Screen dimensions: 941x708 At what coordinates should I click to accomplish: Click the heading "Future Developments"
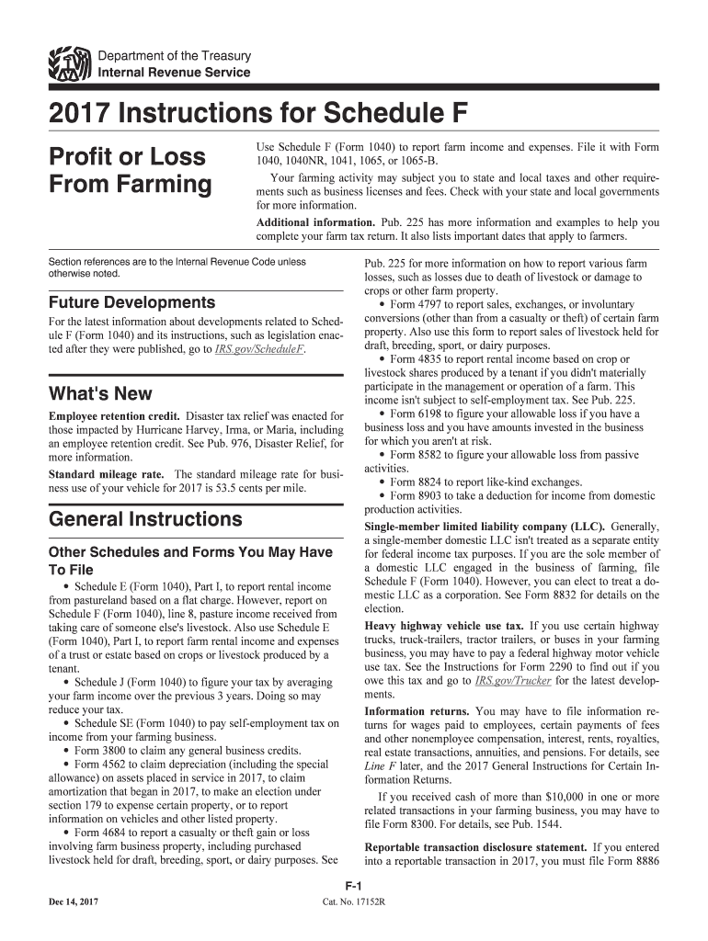click(131, 302)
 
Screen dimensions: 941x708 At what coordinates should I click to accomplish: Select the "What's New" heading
click(100, 393)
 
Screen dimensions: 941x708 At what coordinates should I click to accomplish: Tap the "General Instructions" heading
click(145, 519)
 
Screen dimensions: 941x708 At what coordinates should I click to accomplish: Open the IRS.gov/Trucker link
click(508, 681)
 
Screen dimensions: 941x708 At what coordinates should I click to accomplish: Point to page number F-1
click(352, 885)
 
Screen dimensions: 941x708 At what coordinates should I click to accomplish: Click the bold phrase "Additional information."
click(314, 222)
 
